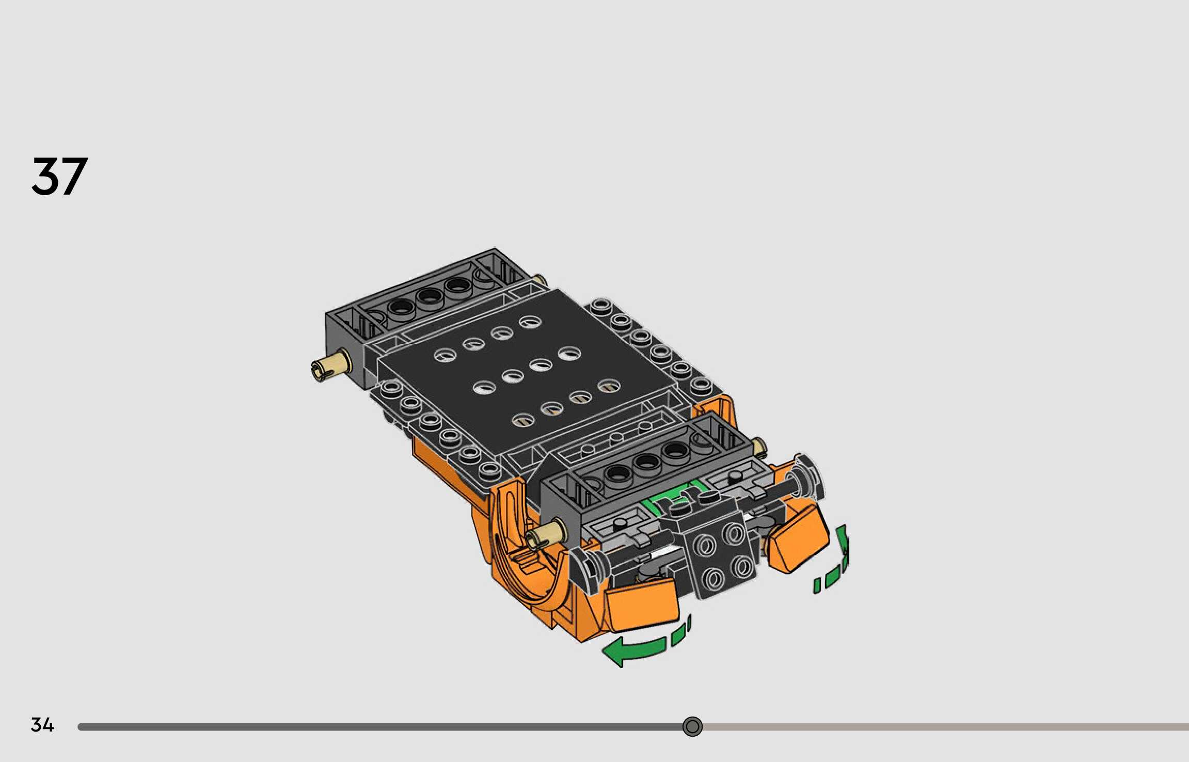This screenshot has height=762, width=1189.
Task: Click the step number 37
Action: pos(59,176)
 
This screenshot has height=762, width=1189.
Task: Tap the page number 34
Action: pos(42,725)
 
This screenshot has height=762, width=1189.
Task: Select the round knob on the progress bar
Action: pos(692,726)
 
